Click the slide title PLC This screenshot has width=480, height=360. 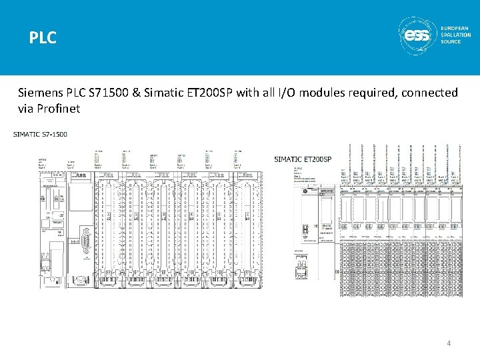point(43,39)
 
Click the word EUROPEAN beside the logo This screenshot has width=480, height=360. point(456,29)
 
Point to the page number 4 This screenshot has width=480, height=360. point(449,343)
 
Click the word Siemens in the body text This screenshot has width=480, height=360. point(42,93)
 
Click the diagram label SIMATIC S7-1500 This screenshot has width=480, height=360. point(41,135)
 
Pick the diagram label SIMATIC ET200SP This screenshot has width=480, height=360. point(303,159)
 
